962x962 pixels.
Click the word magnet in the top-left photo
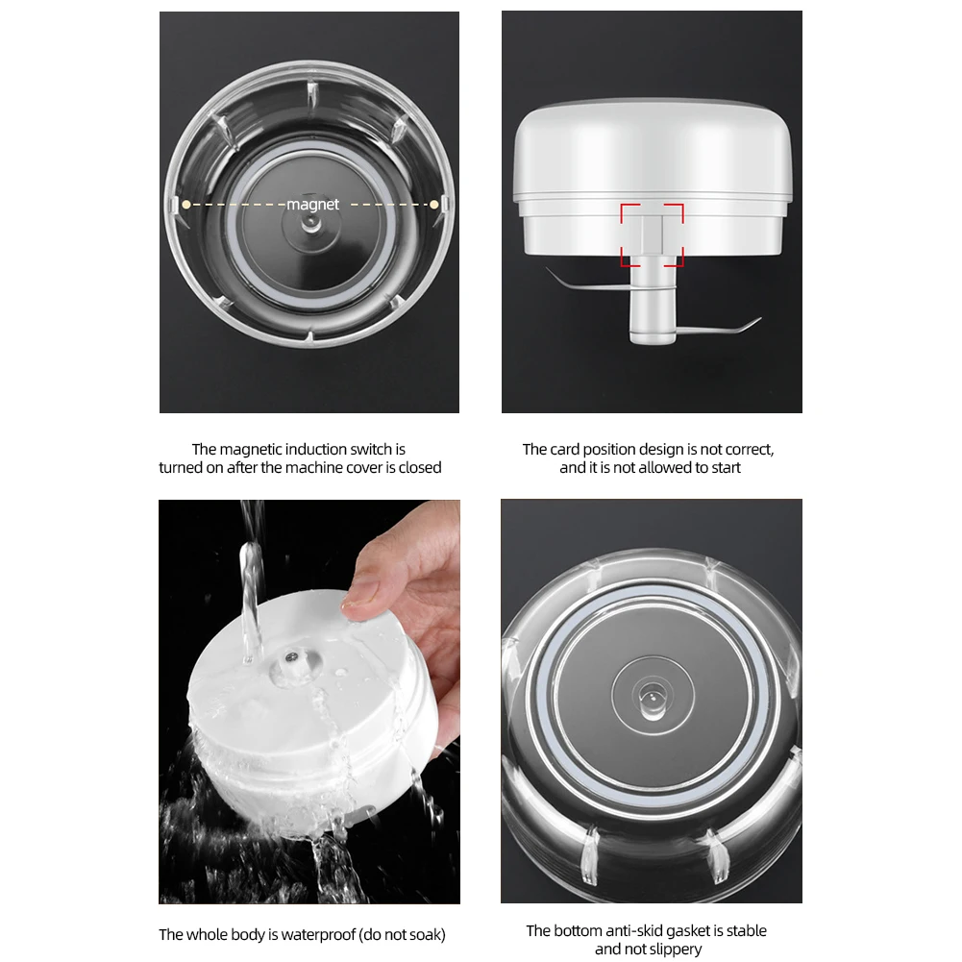click(312, 205)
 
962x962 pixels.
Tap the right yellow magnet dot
click(434, 204)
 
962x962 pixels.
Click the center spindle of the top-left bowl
click(309, 222)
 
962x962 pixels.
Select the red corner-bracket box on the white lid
click(652, 234)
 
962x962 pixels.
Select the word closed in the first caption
click(419, 468)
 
